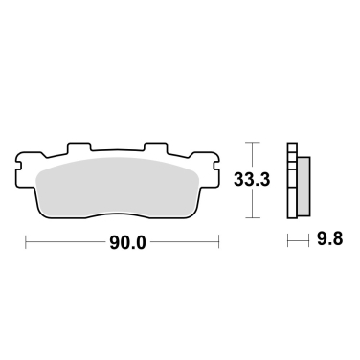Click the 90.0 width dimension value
click(x=127, y=242)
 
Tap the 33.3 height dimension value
click(x=252, y=179)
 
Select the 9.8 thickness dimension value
click(x=329, y=238)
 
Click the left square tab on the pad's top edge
click(x=79, y=146)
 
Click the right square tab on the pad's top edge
click(x=155, y=146)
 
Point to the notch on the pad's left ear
click(x=18, y=166)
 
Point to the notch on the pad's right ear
click(x=216, y=166)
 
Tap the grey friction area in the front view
click(x=117, y=185)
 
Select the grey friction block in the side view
click(x=304, y=186)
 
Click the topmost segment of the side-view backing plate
click(x=292, y=147)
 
